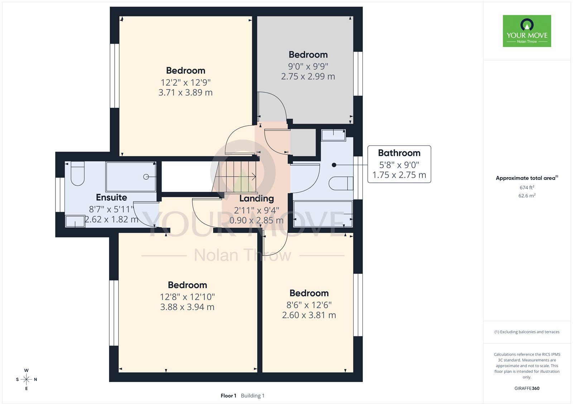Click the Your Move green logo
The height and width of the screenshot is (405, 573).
[x=527, y=31]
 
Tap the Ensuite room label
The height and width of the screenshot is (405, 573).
[x=111, y=198]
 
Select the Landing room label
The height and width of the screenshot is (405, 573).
[x=256, y=198]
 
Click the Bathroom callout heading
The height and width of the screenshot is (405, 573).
[x=399, y=153]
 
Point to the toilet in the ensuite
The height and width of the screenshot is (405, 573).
[x=77, y=173]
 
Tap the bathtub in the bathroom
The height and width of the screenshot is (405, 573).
[x=323, y=214]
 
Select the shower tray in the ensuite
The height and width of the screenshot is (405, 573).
[x=131, y=177]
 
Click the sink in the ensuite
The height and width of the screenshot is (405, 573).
[x=75, y=221]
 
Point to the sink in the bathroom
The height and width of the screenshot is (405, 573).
[x=333, y=135]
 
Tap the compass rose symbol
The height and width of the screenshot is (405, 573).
[x=27, y=379]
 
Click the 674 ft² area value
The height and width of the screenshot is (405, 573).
[x=527, y=188]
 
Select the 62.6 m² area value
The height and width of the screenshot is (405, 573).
[x=527, y=196]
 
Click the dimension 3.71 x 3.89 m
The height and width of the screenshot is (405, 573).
[x=186, y=92]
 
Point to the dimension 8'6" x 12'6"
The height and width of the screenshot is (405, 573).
[x=309, y=305]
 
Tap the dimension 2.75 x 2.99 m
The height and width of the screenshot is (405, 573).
[x=308, y=76]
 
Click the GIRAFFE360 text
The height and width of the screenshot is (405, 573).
[x=527, y=388]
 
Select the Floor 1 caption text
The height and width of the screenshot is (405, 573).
[x=228, y=396]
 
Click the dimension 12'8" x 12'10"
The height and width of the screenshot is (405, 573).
[x=187, y=297]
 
